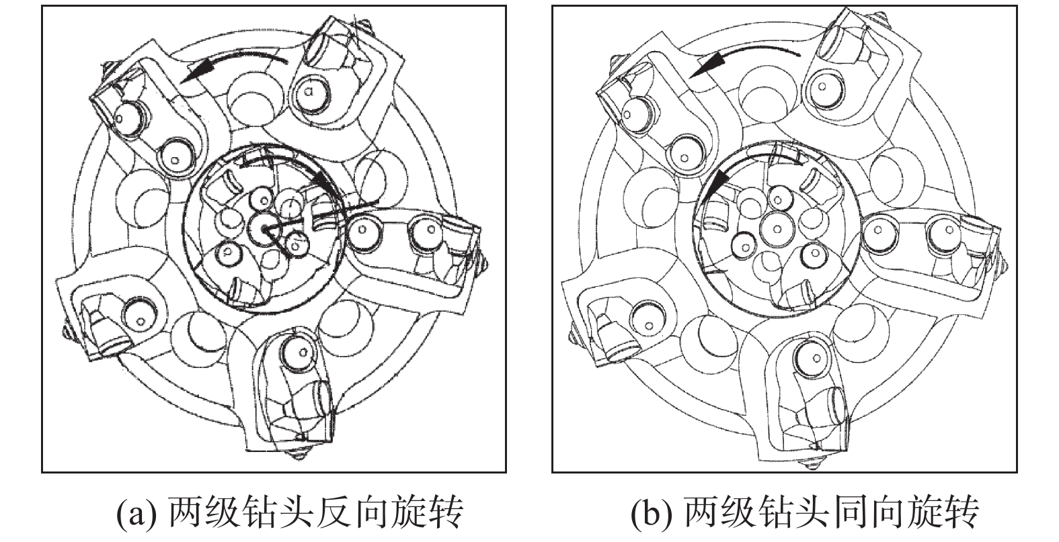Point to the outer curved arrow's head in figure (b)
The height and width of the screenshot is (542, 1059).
click(x=706, y=65)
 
